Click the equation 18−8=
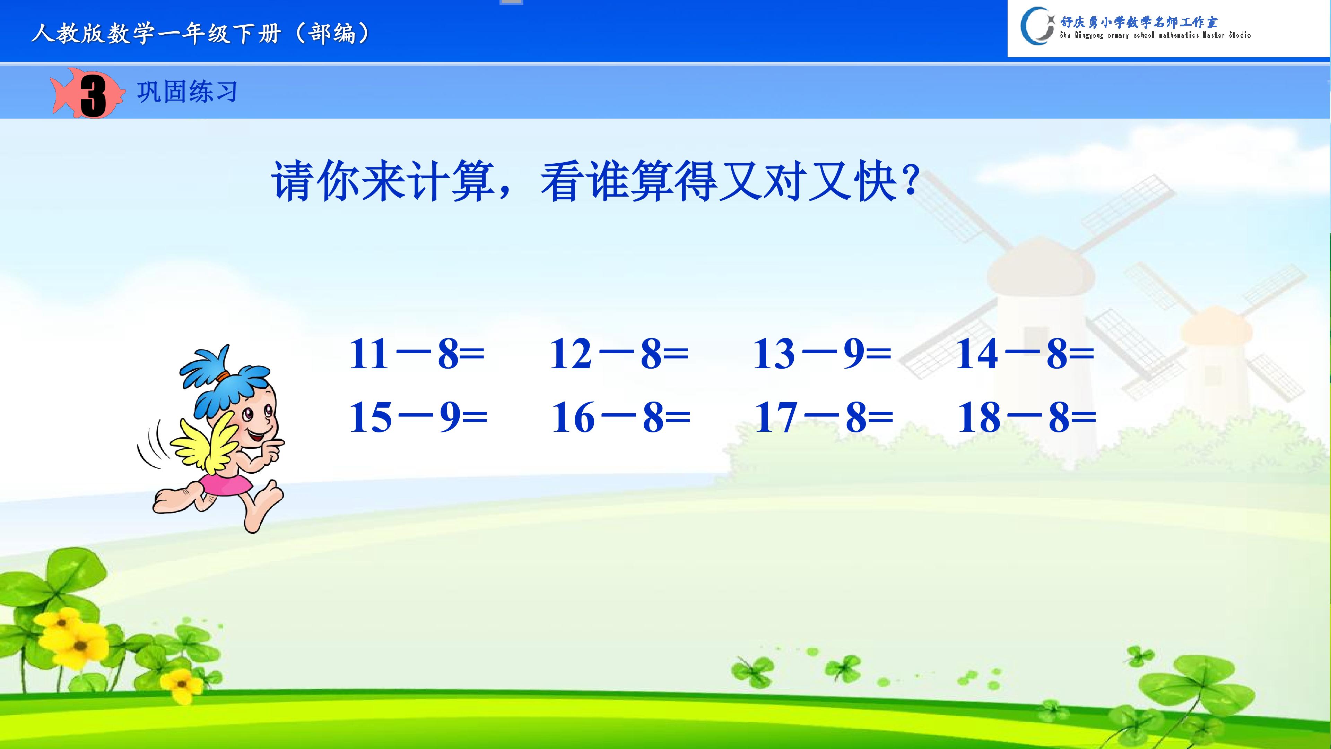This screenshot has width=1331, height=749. (x=1027, y=417)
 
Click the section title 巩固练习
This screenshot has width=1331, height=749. (x=187, y=92)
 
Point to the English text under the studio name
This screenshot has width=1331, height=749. (x=1155, y=35)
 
